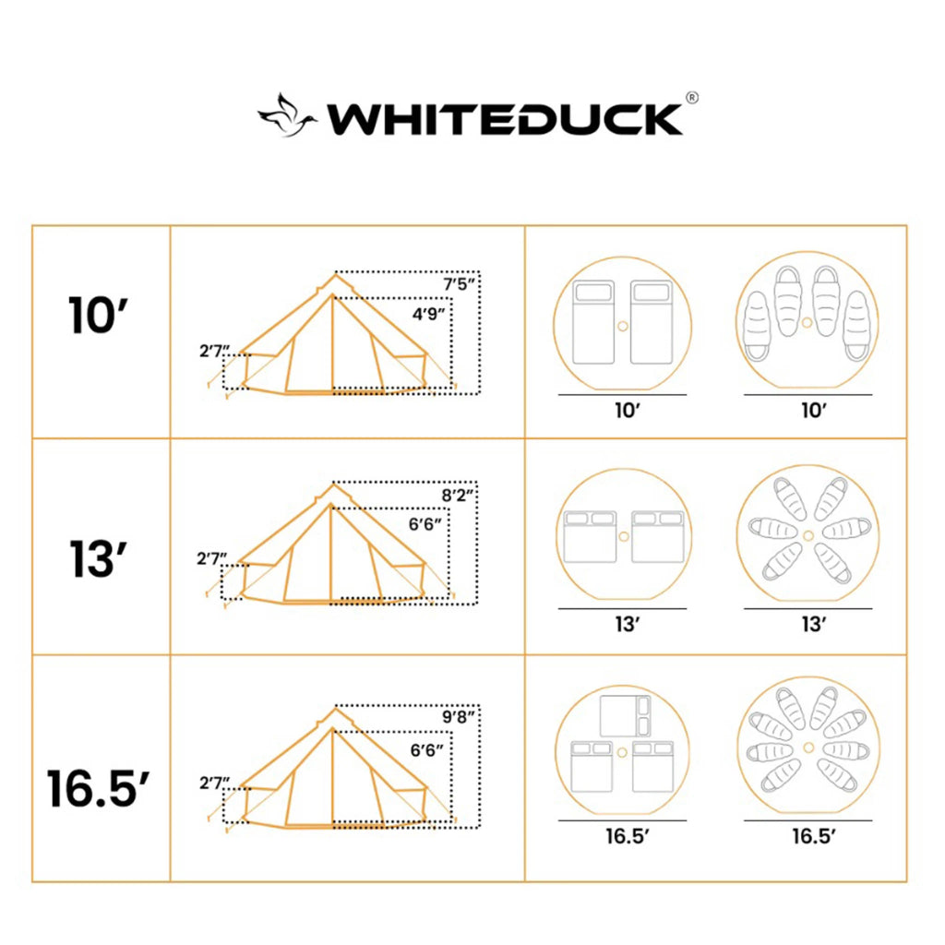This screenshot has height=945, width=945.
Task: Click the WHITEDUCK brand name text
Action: pos(506,119)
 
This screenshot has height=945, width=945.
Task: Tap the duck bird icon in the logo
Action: pos(287,116)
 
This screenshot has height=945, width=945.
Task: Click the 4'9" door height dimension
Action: pos(429,314)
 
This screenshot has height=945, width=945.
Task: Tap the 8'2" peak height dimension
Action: pos(459,496)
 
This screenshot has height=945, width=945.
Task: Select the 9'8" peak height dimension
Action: pos(459,716)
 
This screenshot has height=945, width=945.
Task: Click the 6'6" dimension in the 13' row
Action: pos(425,523)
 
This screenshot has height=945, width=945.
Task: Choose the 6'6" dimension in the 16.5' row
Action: pos(426,750)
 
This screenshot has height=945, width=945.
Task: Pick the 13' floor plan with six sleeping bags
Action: pos(807,536)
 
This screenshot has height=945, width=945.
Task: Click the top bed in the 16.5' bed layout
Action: pos(625,715)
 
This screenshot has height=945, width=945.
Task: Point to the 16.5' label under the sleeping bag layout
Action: pos(813,837)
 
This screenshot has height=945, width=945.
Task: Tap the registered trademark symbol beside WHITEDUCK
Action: pos(691,98)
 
